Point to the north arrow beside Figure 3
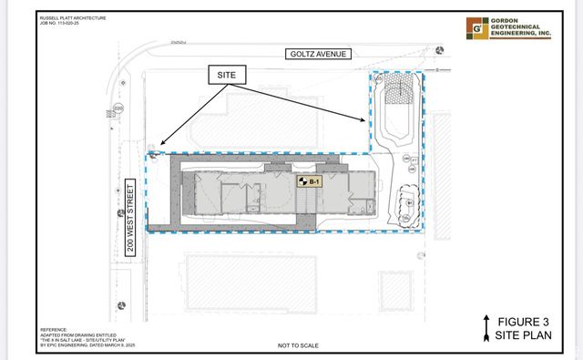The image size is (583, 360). pyautogui.click(x=487, y=325)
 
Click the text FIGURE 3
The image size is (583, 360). pyautogui.click(x=524, y=320)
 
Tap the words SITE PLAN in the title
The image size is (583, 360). pyautogui.click(x=523, y=334)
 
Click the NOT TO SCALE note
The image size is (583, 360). pyautogui.click(x=297, y=345)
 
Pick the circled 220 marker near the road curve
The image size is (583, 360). pyautogui.click(x=118, y=108)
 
